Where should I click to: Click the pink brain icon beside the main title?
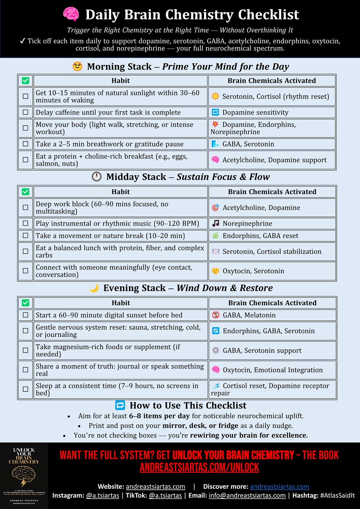tap(71, 15)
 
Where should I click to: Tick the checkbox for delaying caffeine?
tap(25, 112)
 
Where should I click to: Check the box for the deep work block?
tap(25, 208)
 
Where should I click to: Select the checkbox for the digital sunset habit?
tap(25, 315)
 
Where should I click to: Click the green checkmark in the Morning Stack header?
tap(25, 81)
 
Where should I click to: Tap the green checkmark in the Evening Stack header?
tap(25, 303)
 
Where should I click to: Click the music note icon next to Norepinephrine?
tap(216, 223)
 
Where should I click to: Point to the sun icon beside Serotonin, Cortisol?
tap(215, 96)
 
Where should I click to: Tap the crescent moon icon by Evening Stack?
tap(94, 288)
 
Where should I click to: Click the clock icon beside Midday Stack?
tap(97, 177)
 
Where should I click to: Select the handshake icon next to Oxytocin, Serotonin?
tap(216, 271)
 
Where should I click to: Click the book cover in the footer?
tap(24, 476)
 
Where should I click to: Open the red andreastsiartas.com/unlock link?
tap(199, 468)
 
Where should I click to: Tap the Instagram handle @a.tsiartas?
tap(102, 495)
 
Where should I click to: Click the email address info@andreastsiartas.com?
tap(247, 495)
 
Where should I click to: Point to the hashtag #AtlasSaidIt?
tap(337, 495)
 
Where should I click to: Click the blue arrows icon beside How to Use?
tap(120, 405)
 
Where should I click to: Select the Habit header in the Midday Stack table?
tap(120, 192)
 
